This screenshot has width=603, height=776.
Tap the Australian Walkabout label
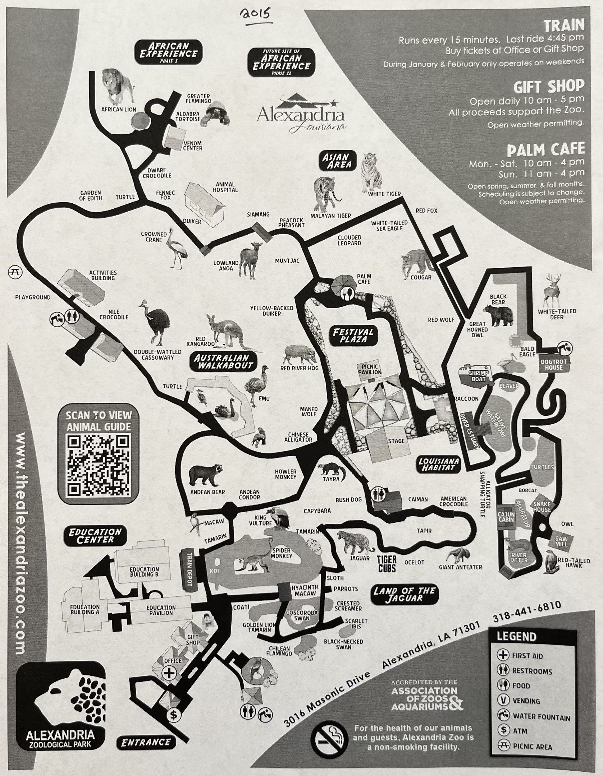coord(222,361)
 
